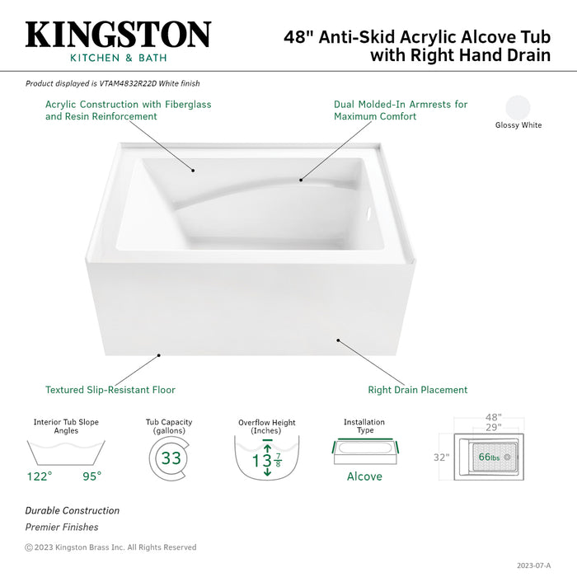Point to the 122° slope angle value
(40, 476)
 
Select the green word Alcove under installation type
(364, 476)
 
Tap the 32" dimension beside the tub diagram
(441, 457)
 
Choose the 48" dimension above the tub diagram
(493, 418)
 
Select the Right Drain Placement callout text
(417, 390)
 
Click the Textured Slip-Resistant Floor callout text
(110, 390)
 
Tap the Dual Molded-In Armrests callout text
(400, 110)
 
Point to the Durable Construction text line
(72, 511)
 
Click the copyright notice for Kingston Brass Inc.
(110, 547)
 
